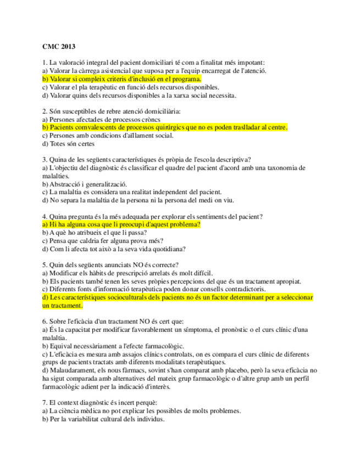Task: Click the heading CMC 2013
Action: point(59,47)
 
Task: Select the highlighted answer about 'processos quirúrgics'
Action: point(165,127)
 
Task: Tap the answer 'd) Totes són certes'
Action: point(68,144)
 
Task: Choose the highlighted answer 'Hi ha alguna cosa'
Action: point(121,224)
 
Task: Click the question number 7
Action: point(44,403)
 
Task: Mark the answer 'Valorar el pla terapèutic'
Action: point(131,87)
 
